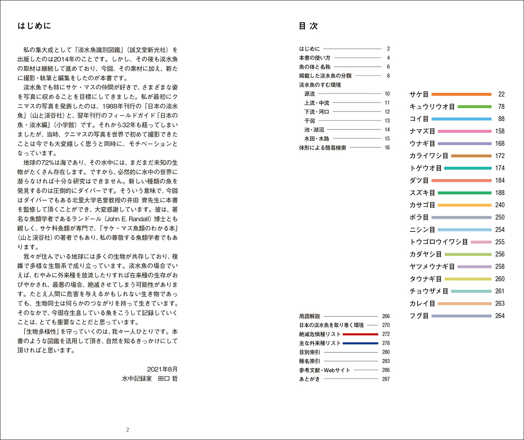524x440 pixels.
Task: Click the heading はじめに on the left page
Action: click(34, 26)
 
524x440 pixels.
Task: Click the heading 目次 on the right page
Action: click(308, 26)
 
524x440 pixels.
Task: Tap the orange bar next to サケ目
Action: click(461, 94)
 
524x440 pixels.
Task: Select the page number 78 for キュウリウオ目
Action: click(501, 107)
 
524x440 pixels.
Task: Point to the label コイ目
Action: click(419, 119)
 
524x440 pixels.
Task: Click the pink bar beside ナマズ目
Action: click(464, 131)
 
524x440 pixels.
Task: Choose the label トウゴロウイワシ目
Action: click(439, 242)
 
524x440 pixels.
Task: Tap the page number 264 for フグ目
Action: click(500, 316)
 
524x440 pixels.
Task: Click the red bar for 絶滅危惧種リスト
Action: click(360, 334)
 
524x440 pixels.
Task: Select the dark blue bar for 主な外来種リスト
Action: click(360, 343)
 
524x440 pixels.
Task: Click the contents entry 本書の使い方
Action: click(315, 58)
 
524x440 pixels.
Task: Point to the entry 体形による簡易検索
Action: click(322, 148)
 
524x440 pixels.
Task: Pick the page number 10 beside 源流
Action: click(387, 94)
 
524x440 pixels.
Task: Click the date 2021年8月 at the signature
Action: click(162, 369)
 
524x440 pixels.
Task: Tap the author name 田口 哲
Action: click(168, 378)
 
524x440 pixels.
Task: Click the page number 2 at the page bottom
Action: click(128, 430)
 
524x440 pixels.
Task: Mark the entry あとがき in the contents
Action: click(309, 379)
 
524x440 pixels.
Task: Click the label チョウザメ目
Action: click(429, 291)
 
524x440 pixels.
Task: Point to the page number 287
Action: click(386, 379)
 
